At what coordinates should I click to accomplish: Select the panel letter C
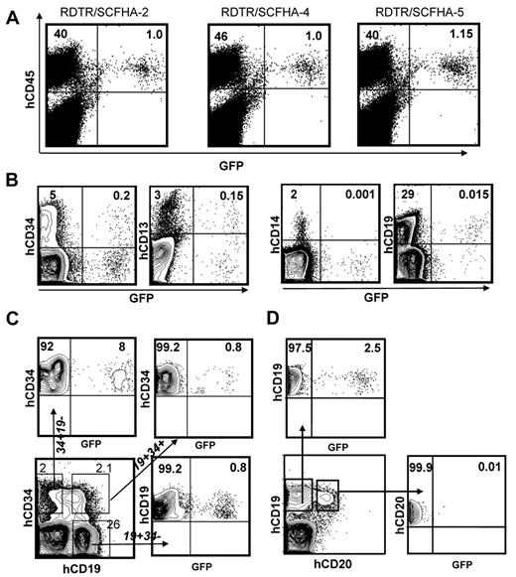click(15, 320)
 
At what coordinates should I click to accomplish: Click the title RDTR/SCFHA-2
click(106, 11)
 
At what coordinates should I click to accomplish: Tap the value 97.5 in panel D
click(302, 346)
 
